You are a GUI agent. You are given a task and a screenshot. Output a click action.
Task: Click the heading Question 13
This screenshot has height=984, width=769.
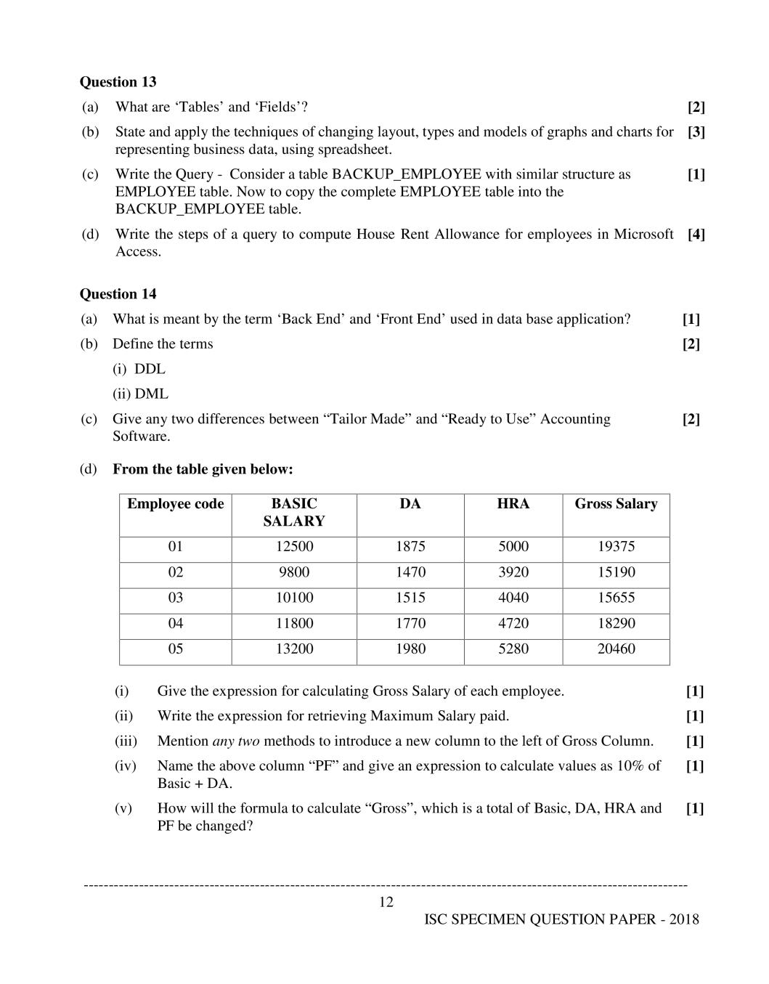(x=118, y=82)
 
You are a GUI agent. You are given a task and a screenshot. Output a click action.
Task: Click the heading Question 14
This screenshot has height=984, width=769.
(x=118, y=294)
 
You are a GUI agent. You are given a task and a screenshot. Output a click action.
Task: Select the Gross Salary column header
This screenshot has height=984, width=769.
(x=616, y=504)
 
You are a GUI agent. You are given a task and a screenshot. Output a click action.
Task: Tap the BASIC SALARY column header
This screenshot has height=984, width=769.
(x=294, y=513)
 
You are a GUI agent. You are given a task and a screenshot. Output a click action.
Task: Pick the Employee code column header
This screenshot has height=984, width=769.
(x=175, y=504)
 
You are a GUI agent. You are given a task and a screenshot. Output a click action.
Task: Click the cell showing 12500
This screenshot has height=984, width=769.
(x=294, y=547)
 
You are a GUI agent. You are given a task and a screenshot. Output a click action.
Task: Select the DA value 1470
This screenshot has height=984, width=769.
(x=410, y=572)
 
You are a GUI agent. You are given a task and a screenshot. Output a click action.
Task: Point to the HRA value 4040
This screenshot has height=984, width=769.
(x=513, y=598)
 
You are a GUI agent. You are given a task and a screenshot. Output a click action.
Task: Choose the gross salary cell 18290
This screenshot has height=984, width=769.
(x=616, y=623)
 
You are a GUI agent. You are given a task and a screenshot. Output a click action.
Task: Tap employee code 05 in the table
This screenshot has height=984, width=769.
(x=176, y=648)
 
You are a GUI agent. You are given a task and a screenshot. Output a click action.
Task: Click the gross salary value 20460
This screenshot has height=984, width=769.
(x=616, y=648)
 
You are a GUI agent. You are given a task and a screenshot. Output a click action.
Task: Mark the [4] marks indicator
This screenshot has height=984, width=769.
(x=696, y=235)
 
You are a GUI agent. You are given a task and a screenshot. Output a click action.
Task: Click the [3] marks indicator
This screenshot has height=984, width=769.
(x=696, y=132)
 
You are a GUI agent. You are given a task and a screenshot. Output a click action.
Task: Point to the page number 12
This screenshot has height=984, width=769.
(x=386, y=902)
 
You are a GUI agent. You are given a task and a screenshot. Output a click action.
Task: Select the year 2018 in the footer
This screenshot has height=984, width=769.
(x=684, y=919)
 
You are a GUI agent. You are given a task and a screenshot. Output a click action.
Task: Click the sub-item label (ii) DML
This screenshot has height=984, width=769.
(x=140, y=394)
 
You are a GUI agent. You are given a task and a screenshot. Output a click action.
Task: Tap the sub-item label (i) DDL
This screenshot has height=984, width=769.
(x=139, y=369)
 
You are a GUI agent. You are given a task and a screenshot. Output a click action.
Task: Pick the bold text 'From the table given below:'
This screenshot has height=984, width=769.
(x=203, y=469)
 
